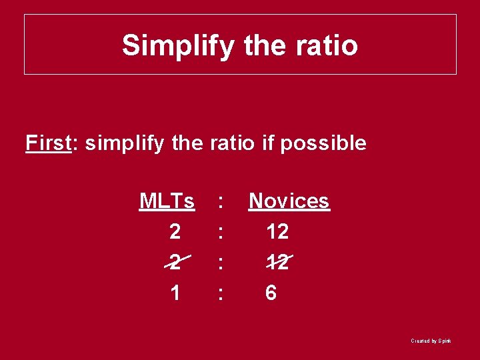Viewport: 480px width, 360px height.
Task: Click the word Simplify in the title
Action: (178, 46)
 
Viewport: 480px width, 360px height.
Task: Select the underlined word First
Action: (49, 143)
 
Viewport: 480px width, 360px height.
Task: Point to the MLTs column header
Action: (167, 201)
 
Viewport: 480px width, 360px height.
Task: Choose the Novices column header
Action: (289, 201)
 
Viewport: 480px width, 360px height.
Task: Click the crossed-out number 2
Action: (175, 262)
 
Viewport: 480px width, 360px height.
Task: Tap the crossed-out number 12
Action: (277, 262)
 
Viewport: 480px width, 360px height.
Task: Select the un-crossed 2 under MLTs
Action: (175, 231)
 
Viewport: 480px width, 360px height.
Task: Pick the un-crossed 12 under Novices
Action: (277, 231)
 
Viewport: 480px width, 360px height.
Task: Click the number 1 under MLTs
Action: (175, 293)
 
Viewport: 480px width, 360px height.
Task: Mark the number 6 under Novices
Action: (271, 293)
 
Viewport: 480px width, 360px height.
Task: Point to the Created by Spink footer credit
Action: (431, 341)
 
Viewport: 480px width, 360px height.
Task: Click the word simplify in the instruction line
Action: (124, 143)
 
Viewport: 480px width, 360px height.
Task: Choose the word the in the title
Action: (266, 46)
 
